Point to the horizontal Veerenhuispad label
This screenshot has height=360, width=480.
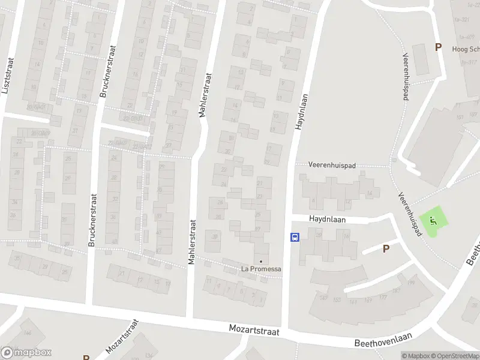[x=333, y=164]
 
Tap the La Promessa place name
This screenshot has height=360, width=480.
[x=261, y=269]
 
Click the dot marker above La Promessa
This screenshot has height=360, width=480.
[x=261, y=261]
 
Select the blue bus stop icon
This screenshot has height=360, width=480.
[x=295, y=237]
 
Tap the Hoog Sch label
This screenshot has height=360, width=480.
[x=466, y=50]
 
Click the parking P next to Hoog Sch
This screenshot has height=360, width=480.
[x=438, y=47]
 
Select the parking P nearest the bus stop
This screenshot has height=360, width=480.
[x=386, y=248]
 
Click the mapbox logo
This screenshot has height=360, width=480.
[x=26, y=353]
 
